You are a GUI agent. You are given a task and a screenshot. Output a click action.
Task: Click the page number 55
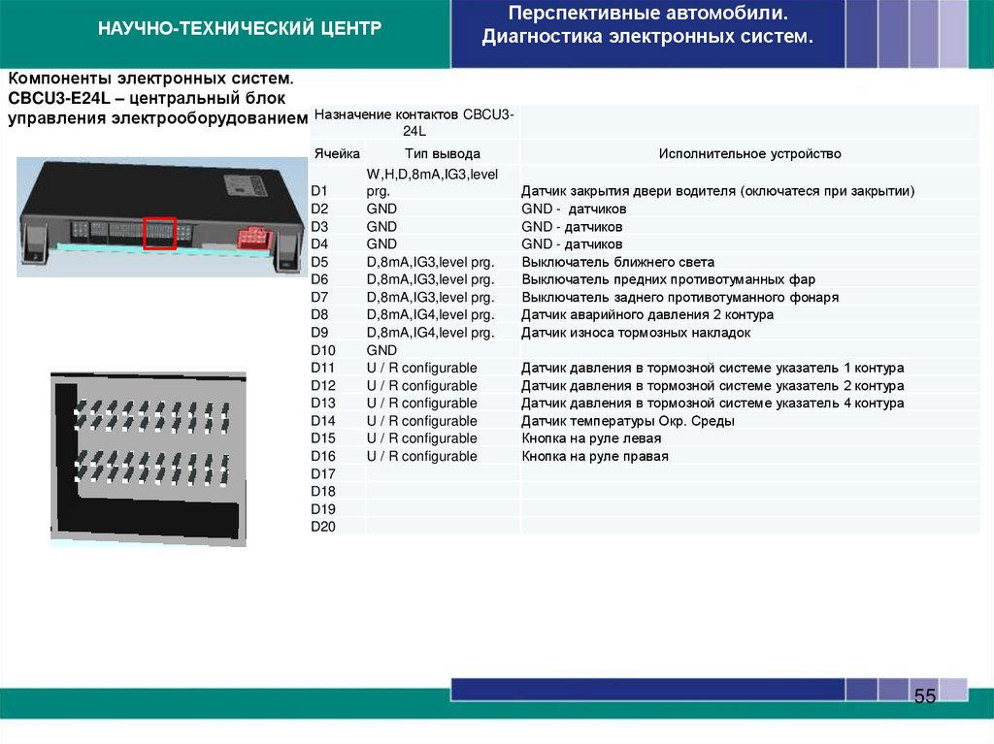click(x=925, y=696)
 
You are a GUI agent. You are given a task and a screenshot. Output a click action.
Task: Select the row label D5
click(x=320, y=262)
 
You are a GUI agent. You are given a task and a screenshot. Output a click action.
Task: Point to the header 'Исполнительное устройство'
click(x=749, y=153)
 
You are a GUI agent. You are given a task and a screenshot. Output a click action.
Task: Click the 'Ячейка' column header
click(x=337, y=153)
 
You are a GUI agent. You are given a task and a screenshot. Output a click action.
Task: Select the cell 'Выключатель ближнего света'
click(x=617, y=262)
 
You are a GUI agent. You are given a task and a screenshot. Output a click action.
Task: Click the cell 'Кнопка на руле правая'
click(x=595, y=456)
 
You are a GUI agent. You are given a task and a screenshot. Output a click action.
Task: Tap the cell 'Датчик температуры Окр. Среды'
click(x=627, y=421)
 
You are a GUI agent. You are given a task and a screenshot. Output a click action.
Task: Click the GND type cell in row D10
click(x=382, y=350)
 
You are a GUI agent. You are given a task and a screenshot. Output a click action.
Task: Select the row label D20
click(x=322, y=526)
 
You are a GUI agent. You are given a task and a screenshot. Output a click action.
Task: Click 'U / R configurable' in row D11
click(x=421, y=368)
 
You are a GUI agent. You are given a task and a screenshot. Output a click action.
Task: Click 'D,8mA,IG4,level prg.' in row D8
click(x=430, y=315)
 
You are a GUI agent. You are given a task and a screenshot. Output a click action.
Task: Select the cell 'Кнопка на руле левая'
click(x=592, y=438)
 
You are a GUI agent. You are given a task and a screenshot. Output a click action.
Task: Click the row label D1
click(x=320, y=192)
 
